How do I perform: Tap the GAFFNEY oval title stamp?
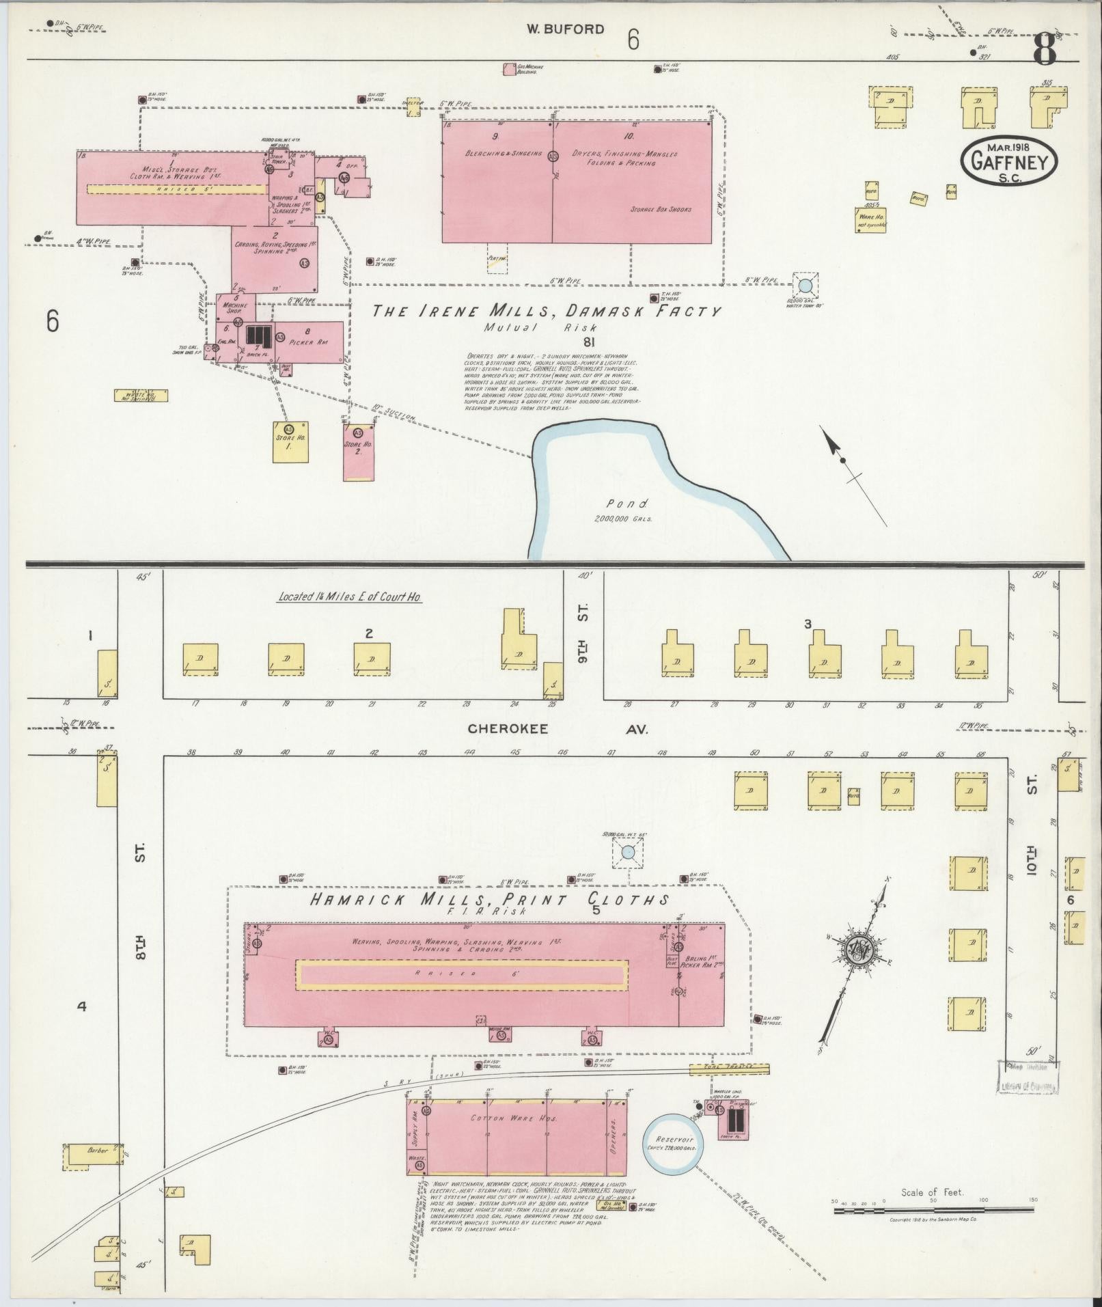[1008, 162]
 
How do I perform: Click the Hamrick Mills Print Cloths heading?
[488, 900]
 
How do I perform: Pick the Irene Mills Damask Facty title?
[546, 312]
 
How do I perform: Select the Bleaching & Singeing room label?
[494, 154]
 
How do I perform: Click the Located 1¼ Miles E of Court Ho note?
[349, 596]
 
